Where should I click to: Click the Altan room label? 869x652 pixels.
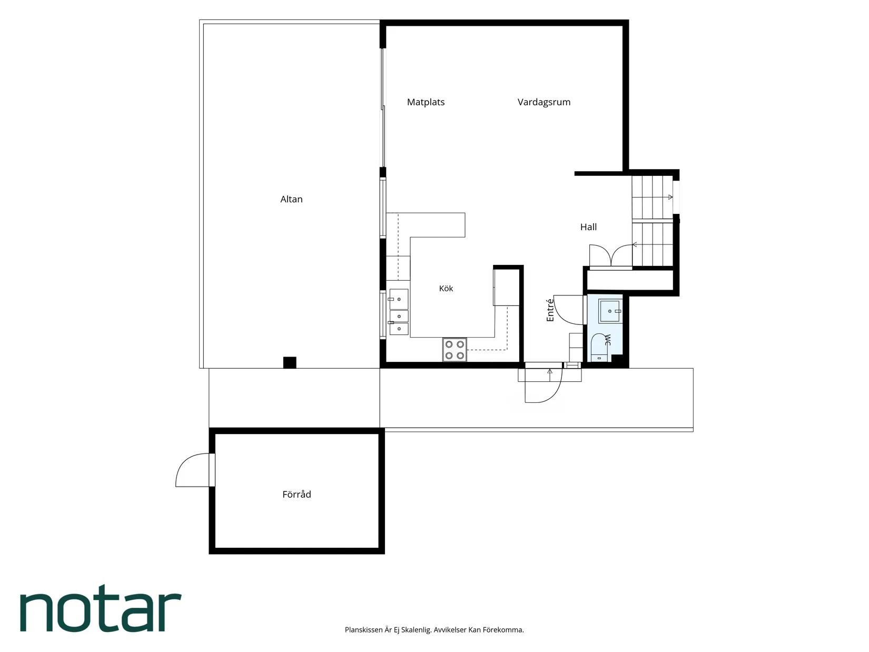point(291,199)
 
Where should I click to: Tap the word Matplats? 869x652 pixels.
point(426,102)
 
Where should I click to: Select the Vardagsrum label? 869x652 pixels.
point(544,102)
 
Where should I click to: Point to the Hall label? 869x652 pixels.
point(588,227)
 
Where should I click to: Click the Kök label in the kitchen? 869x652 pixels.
point(446,288)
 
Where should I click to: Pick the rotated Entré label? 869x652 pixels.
point(550,310)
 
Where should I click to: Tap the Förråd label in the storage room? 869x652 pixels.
point(297,494)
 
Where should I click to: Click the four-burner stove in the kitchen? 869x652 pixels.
point(455,350)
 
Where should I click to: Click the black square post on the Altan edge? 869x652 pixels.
point(289,363)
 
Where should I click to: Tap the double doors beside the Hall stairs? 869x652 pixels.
point(611,256)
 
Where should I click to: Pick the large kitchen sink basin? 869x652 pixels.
point(399,299)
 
